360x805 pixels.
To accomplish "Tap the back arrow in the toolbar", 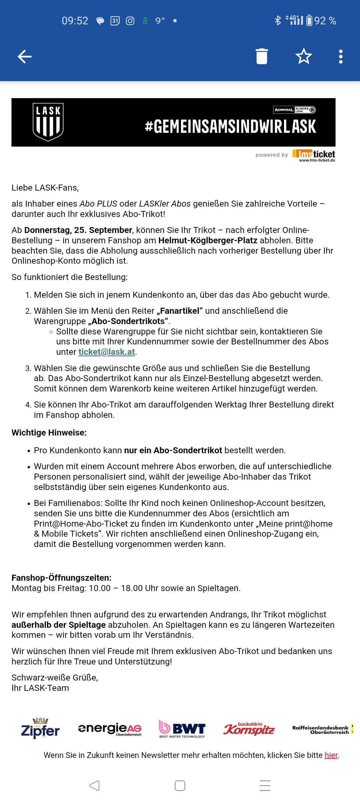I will pyautogui.click(x=25, y=56).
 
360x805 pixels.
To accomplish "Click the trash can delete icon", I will pyautogui.click(x=262, y=56).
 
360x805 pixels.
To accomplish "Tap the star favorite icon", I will pyautogui.click(x=304, y=56).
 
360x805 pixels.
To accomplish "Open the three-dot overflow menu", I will pyautogui.click(x=340, y=56).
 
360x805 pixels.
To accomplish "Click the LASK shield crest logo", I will pyautogui.click(x=48, y=122).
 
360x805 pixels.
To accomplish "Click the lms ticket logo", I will pyautogui.click(x=314, y=155).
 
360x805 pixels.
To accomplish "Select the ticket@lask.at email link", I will pyautogui.click(x=107, y=352).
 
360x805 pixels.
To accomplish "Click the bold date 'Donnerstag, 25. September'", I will pyautogui.click(x=78, y=230).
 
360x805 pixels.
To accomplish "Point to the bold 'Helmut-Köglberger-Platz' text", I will pyautogui.click(x=208, y=241).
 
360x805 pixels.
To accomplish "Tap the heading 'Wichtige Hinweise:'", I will pyautogui.click(x=49, y=433).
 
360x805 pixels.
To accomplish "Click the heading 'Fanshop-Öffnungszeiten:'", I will pyautogui.click(x=61, y=578).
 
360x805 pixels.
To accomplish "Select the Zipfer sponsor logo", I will pyautogui.click(x=40, y=729).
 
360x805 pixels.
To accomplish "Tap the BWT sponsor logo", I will pyautogui.click(x=182, y=729).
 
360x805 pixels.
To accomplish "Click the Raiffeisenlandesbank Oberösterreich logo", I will pyautogui.click(x=321, y=730).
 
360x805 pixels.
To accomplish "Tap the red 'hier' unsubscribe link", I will pyautogui.click(x=331, y=755).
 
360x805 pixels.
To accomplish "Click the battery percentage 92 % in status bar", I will pyautogui.click(x=325, y=21).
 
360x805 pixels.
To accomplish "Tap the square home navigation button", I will pyautogui.click(x=180, y=786).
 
